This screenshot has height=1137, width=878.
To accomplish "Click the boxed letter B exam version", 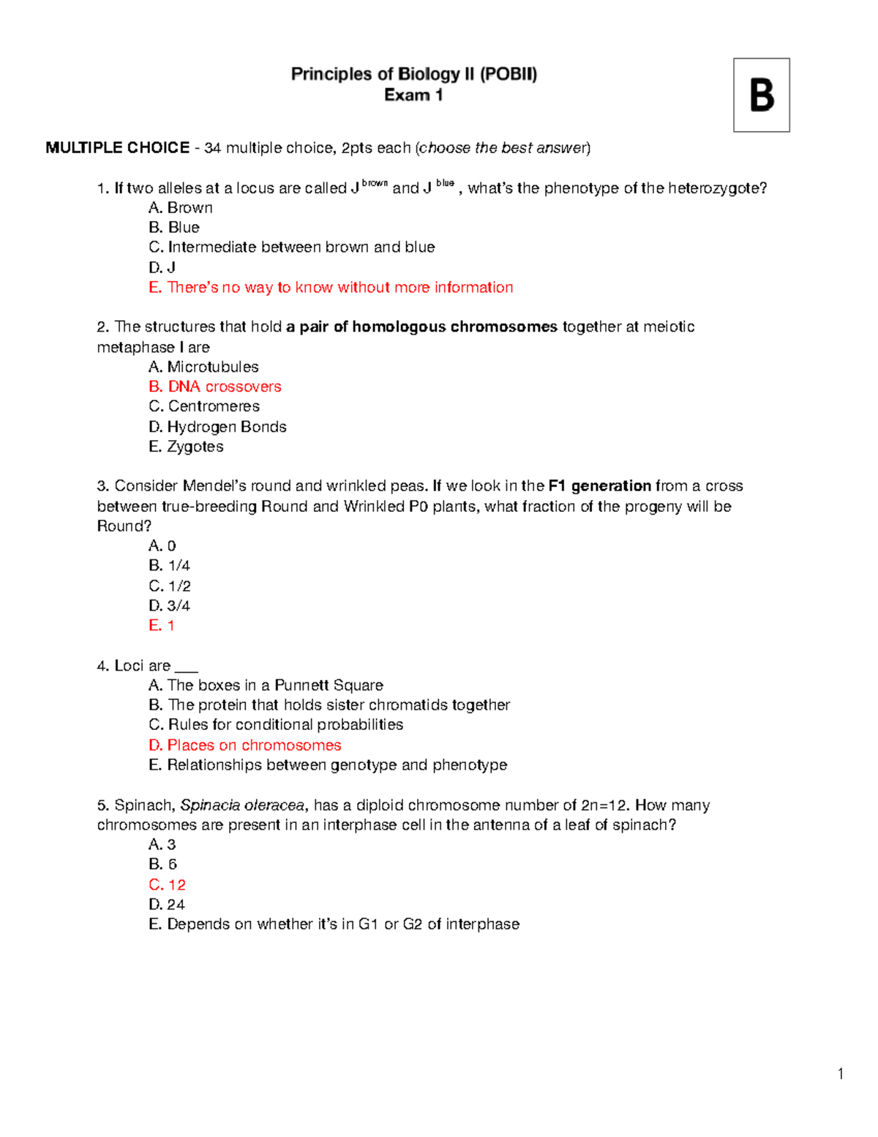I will tap(761, 95).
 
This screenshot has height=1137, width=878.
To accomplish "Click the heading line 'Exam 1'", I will tap(413, 95).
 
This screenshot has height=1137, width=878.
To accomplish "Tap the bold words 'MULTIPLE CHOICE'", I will tap(117, 148).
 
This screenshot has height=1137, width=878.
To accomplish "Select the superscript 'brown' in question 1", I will tap(375, 184).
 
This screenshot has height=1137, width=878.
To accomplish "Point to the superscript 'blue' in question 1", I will tap(445, 184).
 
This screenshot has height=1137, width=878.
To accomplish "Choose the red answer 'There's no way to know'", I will tap(331, 287).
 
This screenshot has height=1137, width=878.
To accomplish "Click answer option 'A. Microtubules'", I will tap(203, 367).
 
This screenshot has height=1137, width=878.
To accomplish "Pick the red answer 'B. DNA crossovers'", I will tap(214, 387).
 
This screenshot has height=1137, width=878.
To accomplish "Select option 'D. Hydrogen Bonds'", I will tap(217, 427).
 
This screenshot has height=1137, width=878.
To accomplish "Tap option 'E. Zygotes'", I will tap(186, 447).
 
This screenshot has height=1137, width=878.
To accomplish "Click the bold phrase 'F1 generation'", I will tap(599, 486).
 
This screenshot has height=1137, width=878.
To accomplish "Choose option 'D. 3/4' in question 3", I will tap(169, 605).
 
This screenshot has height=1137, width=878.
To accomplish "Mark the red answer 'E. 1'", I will tap(162, 625).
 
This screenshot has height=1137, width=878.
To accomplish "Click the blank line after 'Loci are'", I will tap(187, 667).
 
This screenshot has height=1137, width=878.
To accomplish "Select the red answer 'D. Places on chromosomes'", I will tap(244, 745).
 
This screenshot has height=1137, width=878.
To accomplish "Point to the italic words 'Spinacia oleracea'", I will tap(242, 805).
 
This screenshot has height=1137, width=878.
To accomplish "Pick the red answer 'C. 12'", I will tap(167, 884).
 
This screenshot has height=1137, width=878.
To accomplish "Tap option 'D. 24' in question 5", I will tap(167, 904).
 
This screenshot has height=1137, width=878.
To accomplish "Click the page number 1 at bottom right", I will tap(841, 1074).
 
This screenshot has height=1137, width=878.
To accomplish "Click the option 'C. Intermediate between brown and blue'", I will tap(291, 247).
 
